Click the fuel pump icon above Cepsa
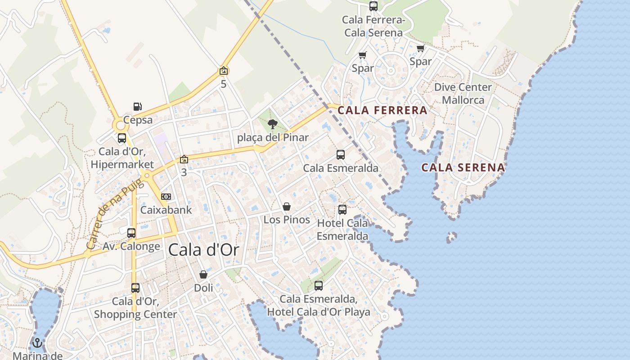138,107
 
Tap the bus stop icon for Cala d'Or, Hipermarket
121,138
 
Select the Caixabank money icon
166,197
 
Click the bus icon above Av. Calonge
131,233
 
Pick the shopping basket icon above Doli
203,274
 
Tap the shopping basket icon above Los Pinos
287,207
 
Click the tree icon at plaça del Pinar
272,124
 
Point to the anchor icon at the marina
37,343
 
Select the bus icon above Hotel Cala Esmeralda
342,210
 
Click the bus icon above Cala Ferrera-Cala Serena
373,6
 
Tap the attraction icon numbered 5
224,71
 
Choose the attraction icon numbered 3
184,159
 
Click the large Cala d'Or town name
203,250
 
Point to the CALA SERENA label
463,168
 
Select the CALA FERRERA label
382,110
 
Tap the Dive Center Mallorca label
463,93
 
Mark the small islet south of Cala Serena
451,237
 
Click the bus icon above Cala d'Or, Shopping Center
135,288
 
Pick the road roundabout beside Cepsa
121,125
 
